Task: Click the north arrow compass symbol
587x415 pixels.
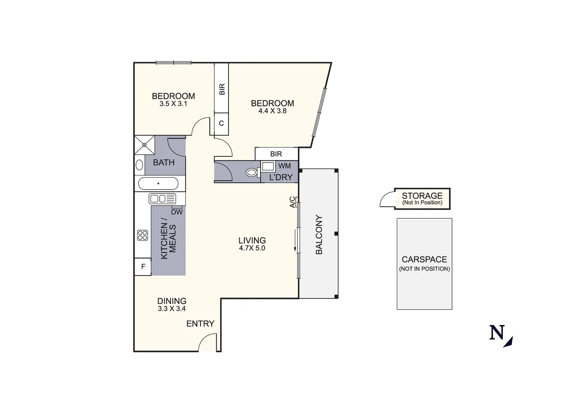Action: [x=501, y=335]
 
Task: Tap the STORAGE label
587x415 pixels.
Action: [x=422, y=196]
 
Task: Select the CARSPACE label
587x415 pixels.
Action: [x=424, y=260]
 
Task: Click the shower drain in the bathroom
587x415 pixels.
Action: [x=144, y=145]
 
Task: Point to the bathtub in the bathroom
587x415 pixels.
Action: [x=158, y=184]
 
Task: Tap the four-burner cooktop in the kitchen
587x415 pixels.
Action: [x=142, y=235]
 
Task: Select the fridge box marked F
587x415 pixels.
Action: [x=143, y=267]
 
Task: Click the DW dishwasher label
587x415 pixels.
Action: [x=177, y=212]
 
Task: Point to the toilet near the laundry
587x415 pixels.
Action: [x=252, y=173]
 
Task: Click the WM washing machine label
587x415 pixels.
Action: [x=284, y=166]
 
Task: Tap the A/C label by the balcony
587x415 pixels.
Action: [x=293, y=202]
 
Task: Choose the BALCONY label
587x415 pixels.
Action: [x=319, y=234]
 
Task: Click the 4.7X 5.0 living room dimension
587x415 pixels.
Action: [x=252, y=248]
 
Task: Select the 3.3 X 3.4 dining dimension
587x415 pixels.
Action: [x=172, y=309]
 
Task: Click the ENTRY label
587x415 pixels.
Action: [x=200, y=324]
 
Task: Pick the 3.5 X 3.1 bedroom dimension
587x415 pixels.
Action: [x=173, y=104]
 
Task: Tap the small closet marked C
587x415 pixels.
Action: [x=221, y=124]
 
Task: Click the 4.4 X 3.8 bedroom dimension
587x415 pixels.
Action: [x=272, y=111]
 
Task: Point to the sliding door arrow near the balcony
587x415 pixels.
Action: [x=295, y=240]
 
